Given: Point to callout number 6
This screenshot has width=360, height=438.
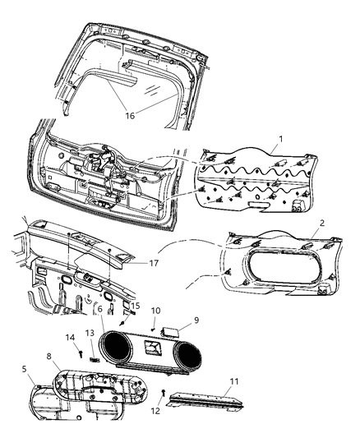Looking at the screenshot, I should pyautogui.click(x=99, y=311).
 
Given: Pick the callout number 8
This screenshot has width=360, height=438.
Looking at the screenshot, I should pyautogui.click(x=49, y=356).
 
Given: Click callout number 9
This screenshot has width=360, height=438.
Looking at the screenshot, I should pyautogui.click(x=196, y=321).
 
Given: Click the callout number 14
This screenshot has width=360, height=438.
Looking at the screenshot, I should pyautogui.click(x=70, y=338).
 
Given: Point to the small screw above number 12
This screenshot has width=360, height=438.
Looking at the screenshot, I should pyautogui.click(x=164, y=391).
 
